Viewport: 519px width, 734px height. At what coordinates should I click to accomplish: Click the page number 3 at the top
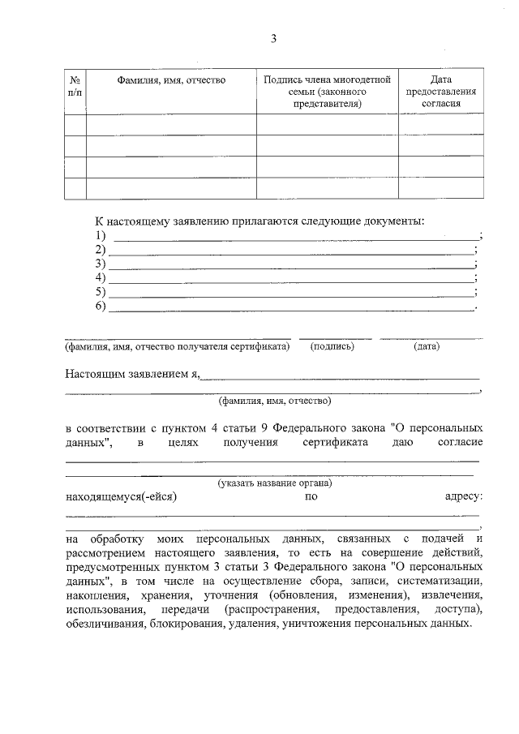pos(273,38)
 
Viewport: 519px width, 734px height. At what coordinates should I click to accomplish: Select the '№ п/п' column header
pos(75,86)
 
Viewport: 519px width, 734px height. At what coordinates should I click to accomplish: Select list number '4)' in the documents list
pos(101,277)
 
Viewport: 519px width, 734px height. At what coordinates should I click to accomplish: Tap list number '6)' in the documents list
pos(101,306)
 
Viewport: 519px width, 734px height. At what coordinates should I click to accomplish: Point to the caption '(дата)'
pos(427,346)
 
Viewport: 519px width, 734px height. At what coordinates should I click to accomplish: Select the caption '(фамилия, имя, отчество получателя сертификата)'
pos(178,346)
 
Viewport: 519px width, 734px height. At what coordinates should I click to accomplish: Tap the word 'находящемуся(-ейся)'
pos(121,496)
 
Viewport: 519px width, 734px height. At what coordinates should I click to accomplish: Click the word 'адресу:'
pos(465,496)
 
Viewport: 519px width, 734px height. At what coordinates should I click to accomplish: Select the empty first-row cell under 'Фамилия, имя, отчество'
pos(171,124)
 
